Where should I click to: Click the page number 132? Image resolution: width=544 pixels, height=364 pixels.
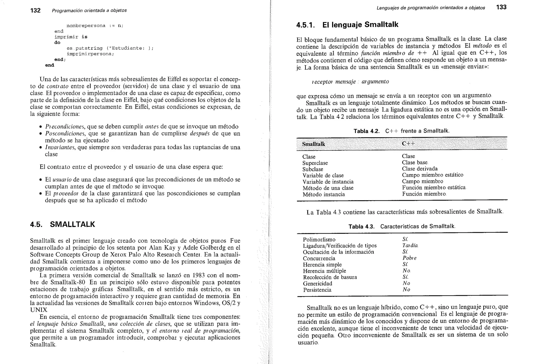[x=35, y=10]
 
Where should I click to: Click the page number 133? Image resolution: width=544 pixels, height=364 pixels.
[x=501, y=7]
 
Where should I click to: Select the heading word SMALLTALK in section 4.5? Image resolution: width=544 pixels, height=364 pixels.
[x=72, y=224]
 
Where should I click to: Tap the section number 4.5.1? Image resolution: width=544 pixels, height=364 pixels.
[x=305, y=25]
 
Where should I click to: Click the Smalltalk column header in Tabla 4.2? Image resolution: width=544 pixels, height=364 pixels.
[x=313, y=144]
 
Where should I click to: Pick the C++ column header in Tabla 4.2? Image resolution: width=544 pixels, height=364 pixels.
[x=408, y=144]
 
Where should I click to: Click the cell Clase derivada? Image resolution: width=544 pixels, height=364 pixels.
[x=420, y=169]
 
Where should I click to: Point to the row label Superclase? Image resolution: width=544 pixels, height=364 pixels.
[x=315, y=163]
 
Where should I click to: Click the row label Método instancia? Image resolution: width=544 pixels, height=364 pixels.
[x=324, y=194]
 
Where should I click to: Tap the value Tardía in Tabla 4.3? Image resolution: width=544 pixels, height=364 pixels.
[x=410, y=246]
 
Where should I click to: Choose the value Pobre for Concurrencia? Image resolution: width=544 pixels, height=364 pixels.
[x=409, y=258]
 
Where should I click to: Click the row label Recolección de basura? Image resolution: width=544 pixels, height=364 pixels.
[x=330, y=277]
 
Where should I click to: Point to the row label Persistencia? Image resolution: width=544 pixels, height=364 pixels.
[x=317, y=290]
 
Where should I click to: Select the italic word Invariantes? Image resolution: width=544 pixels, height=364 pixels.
[x=60, y=147]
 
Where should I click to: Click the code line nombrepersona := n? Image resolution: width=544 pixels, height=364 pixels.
[x=95, y=26]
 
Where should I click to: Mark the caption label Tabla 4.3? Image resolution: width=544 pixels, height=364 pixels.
[x=361, y=227]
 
